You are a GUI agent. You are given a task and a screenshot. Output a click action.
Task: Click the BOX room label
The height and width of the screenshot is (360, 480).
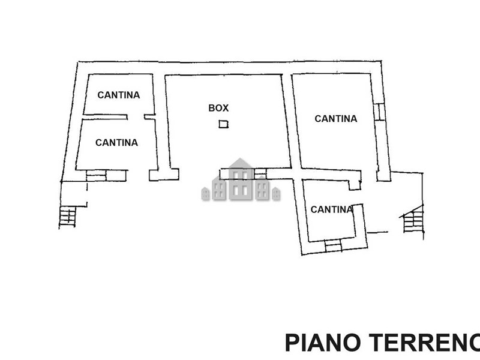coord(218,108)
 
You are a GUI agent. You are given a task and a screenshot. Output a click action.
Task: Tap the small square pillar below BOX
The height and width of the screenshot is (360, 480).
coord(223,124)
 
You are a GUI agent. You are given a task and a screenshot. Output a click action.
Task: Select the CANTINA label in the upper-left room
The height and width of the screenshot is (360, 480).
coord(119,95)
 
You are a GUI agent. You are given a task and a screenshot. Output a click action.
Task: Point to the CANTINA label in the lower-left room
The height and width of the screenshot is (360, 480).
coord(116,143)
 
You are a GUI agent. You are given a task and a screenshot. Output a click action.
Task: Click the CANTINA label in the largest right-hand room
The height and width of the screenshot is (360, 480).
coord(336,119)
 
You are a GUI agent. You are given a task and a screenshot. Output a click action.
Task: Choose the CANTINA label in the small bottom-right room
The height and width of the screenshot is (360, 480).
coord(331,209)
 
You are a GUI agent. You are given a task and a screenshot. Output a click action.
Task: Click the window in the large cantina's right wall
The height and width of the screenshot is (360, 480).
coord(379,112)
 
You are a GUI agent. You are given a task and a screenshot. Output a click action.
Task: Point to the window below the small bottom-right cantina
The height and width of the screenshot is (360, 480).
coord(332,245)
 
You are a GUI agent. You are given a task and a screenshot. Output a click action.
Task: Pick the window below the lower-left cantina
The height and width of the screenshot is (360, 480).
coord(96,175)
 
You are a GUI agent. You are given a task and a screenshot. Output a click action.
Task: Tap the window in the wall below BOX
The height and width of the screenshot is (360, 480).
coord(260,174)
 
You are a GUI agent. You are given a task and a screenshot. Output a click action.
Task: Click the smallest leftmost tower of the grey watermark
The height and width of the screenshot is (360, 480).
coord(205,194)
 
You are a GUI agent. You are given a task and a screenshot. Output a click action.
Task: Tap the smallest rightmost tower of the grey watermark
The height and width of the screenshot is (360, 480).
coord(276,194)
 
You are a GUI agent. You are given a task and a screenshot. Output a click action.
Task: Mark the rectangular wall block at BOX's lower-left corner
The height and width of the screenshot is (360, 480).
coord(164,175)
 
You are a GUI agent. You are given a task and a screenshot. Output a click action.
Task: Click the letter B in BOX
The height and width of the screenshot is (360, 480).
coord(212,108)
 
